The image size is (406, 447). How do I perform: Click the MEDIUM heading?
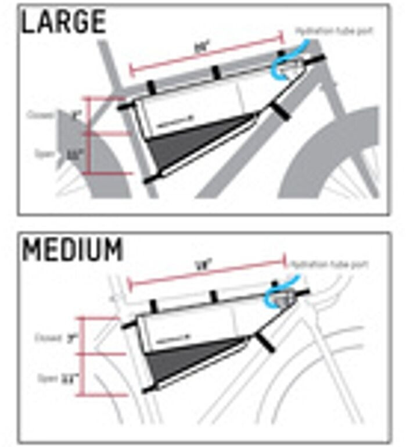click(73, 249)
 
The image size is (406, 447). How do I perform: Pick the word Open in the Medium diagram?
click(48, 378)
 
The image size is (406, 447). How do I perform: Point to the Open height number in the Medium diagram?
click(72, 378)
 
